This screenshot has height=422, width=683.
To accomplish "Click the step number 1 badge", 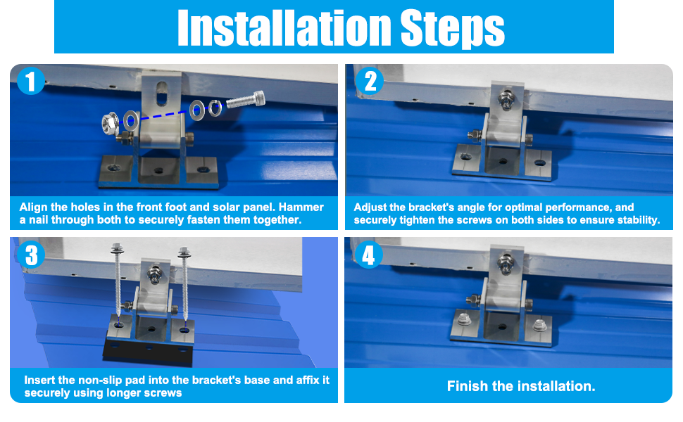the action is (30, 81).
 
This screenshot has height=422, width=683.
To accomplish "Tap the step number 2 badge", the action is (370, 81).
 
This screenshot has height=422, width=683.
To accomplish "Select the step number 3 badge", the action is (31, 255).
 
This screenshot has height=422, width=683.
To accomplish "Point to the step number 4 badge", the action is (368, 255).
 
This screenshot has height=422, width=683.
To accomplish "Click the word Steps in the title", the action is (452, 28).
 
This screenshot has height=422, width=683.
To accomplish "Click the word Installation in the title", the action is (284, 27).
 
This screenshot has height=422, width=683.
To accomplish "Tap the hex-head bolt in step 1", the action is (246, 101).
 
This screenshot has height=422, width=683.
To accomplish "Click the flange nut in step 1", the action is (111, 124).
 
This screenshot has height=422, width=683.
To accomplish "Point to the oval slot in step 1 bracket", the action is (162, 93).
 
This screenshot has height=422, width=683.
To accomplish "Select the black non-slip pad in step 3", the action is (148, 352).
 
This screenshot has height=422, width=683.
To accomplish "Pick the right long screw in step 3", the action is (184, 285).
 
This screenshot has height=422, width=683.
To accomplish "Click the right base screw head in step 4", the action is (540, 324).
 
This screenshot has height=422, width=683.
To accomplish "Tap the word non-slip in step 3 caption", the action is (100, 381).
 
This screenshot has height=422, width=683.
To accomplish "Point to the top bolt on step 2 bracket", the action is (506, 100).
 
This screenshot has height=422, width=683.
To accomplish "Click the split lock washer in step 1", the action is (215, 108).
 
